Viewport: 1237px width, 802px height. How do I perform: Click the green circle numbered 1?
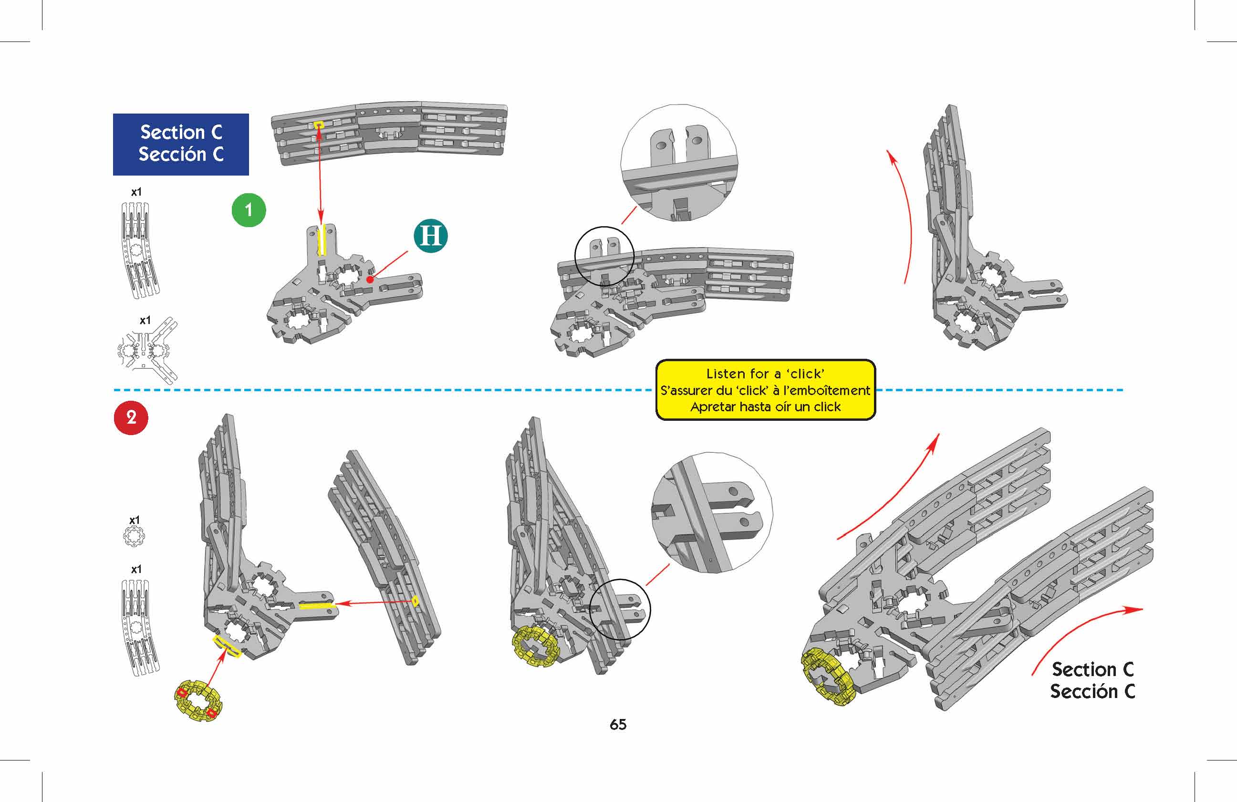point(249,210)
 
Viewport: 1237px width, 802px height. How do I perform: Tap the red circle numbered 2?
point(131,417)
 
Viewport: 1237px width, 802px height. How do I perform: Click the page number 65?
point(618,725)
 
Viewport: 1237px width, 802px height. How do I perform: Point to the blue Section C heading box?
point(181,144)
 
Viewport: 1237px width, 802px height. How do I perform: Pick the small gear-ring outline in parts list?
point(135,535)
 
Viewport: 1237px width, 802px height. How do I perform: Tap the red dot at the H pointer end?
point(370,280)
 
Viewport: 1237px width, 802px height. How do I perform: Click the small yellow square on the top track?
point(319,124)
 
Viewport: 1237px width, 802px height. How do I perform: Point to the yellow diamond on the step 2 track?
point(416,601)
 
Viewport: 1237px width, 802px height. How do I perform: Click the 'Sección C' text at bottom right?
point(1092,692)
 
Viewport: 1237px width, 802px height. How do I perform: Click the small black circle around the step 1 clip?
point(604,256)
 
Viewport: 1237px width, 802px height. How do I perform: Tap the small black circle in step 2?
point(620,610)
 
